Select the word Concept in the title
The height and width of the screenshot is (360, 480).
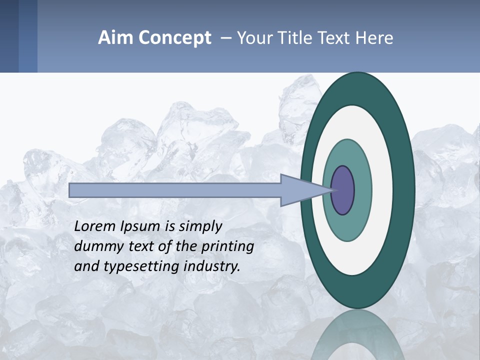point(174,38)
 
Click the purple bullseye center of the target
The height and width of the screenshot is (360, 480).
point(342,190)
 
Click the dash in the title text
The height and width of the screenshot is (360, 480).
point(225,38)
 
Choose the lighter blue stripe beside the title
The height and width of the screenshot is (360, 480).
point(28,36)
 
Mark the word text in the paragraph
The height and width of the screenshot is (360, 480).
point(144,246)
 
